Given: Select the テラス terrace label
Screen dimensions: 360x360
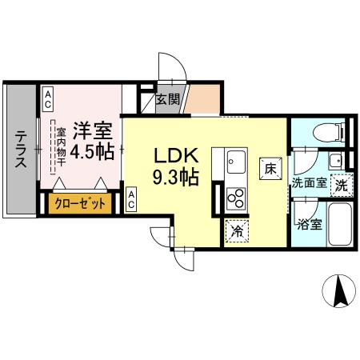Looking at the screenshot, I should pos(20,149).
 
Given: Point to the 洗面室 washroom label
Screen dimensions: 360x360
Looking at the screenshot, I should pos(309,182).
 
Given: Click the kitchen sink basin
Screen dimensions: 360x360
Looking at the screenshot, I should pos(235,164).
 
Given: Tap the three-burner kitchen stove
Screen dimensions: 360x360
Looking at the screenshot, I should pos(235,196).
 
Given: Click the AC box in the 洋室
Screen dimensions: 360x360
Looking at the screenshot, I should pos(48,99).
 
